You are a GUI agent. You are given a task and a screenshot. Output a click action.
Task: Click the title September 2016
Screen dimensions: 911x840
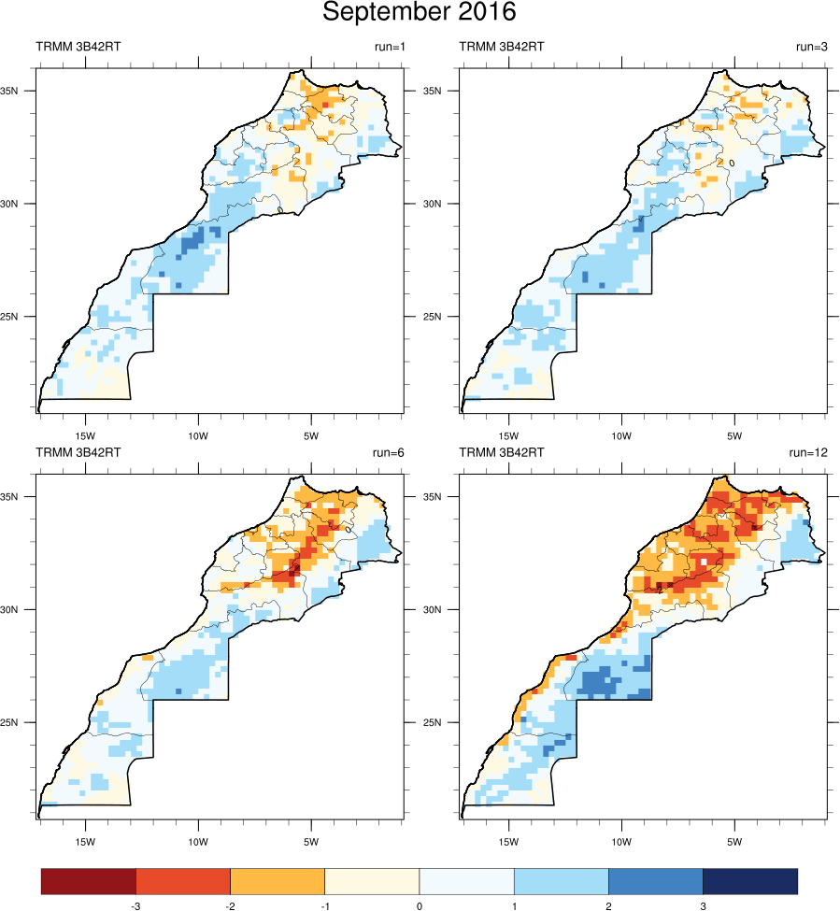click(x=420, y=13)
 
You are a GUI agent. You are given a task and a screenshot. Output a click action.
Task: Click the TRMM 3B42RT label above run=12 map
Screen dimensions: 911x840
click(x=501, y=452)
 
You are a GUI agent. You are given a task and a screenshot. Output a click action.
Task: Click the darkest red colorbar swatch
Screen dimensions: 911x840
click(x=89, y=881)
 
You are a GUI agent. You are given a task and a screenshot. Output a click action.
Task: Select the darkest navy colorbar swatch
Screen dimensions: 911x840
click(x=749, y=881)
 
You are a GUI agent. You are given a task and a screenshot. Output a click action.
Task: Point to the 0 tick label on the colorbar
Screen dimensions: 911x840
click(x=419, y=904)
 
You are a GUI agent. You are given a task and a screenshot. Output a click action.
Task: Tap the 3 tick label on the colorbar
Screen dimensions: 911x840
click(x=703, y=904)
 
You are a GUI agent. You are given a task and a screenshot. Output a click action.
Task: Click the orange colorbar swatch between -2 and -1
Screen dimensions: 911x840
click(x=278, y=881)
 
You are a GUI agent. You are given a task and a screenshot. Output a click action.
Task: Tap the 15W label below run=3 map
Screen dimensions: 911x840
click(x=508, y=435)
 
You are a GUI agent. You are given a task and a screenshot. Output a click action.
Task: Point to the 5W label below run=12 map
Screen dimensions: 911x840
click(x=734, y=841)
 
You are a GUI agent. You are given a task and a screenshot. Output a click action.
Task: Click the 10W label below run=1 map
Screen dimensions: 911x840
click(x=198, y=435)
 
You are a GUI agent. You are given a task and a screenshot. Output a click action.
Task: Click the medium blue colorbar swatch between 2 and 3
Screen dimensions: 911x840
click(x=655, y=881)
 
